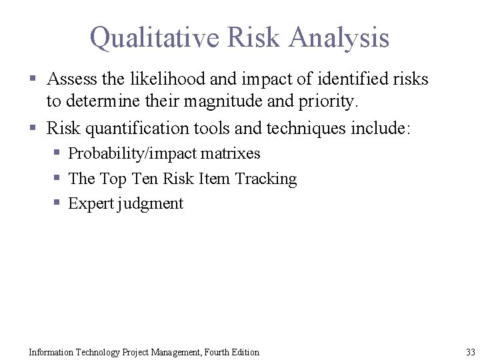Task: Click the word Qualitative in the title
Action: (x=154, y=37)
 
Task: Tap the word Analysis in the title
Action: (x=339, y=37)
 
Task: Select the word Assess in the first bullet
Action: (x=72, y=79)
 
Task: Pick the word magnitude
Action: (x=245, y=103)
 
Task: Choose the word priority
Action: (x=331, y=103)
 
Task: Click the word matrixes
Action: (x=231, y=153)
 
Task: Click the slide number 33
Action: (x=471, y=352)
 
